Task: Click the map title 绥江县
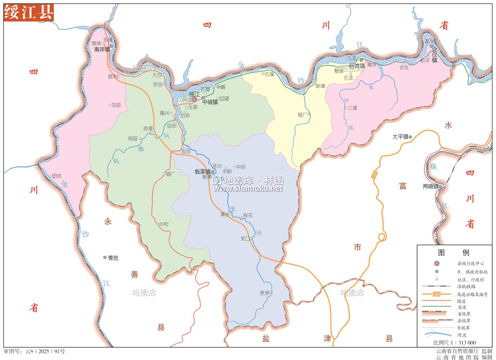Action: point(28,13)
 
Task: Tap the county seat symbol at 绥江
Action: point(194,99)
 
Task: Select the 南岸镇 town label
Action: point(102,50)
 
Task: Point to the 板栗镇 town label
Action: point(202,172)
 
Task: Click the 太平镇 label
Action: point(400,137)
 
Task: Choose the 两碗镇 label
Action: point(431,186)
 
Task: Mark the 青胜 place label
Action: point(113,258)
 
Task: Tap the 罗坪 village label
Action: point(265,293)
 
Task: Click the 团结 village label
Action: point(57,176)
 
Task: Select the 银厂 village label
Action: point(303,115)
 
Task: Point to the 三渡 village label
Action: point(352,108)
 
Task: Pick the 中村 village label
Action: point(164,224)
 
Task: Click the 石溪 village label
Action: point(269,74)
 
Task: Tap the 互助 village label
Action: point(116,105)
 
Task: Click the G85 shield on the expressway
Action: point(374,175)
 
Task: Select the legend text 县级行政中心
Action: point(470,263)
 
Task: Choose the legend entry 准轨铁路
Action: point(466,287)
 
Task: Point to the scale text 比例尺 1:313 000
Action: point(454,343)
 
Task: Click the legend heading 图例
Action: point(453,253)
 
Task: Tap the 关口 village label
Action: point(245,238)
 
